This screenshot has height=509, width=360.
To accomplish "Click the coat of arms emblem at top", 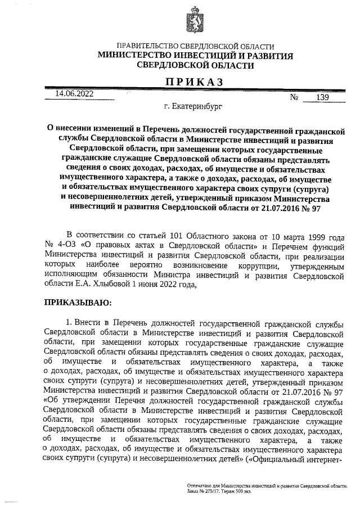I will tap(195, 19).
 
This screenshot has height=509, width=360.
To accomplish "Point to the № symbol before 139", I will tap(294, 97).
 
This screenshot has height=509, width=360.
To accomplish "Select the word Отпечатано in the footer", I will tap(201, 485).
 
